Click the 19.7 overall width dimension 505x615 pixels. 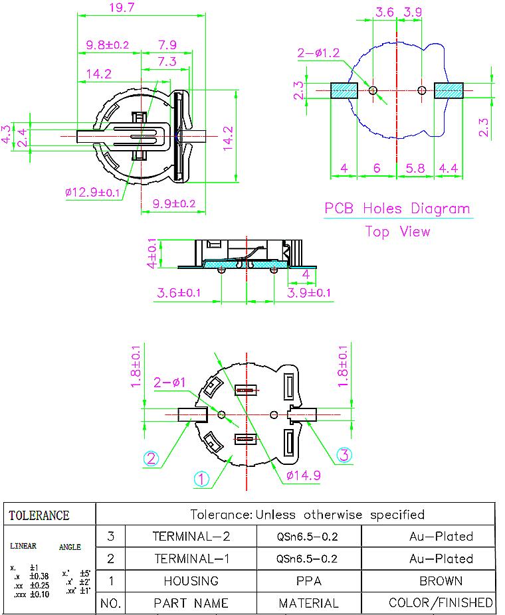pos(122,7)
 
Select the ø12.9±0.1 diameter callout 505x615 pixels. pos(92,192)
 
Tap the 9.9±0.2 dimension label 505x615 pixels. pos(174,204)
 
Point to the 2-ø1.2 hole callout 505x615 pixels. pos(318,52)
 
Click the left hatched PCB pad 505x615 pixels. pos(344,90)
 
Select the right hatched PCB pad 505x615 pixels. pos(449,90)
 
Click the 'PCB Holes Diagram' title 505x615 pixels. pos(397,209)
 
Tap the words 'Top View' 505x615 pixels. pos(397,231)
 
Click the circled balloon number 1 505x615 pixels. pos(202,479)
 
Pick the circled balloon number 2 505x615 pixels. pos(151,458)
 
